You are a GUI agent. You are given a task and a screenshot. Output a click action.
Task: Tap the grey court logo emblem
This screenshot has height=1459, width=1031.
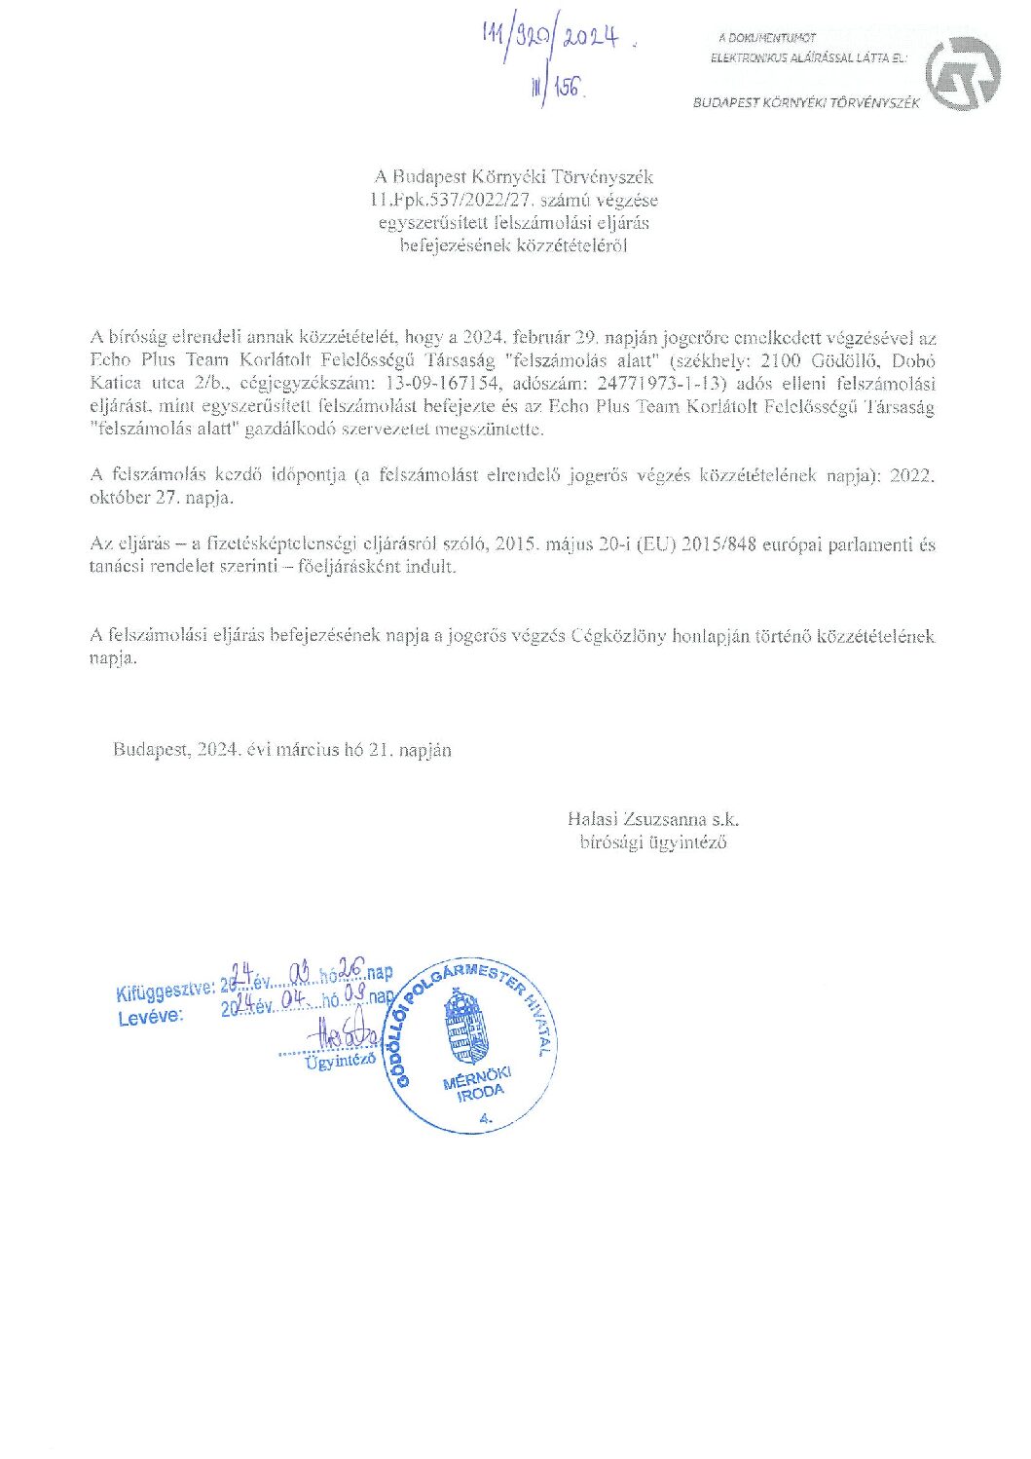961,73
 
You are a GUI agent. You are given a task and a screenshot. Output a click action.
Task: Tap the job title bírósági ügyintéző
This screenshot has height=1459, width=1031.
653,843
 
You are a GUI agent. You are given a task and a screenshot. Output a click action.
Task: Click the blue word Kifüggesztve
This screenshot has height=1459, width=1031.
165,992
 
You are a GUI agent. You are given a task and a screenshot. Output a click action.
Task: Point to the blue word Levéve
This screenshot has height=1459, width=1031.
150,1018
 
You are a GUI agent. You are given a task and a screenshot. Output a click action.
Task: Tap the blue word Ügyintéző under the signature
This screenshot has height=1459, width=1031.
341,1062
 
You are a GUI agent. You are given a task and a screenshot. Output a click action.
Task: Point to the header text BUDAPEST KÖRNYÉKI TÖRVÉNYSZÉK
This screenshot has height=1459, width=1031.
806,103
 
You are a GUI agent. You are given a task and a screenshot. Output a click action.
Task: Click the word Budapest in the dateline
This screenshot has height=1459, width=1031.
150,750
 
